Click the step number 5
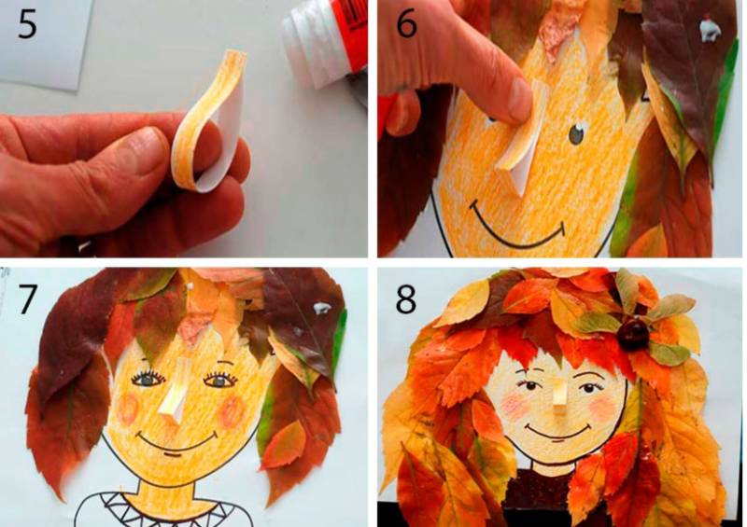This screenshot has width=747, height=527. click(x=27, y=25)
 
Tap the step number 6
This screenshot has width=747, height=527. click(x=406, y=25)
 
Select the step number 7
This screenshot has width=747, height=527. click(x=27, y=298)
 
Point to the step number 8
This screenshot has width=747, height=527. click(x=406, y=298)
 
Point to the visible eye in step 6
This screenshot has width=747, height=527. click(x=577, y=134)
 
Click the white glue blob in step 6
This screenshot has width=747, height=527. click(x=711, y=30)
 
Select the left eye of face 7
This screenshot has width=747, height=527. click(x=148, y=380)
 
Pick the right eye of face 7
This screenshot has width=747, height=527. click(x=219, y=380)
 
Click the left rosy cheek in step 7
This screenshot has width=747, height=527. click(x=128, y=409)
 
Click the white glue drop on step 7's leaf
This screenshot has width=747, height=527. click(x=321, y=308)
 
